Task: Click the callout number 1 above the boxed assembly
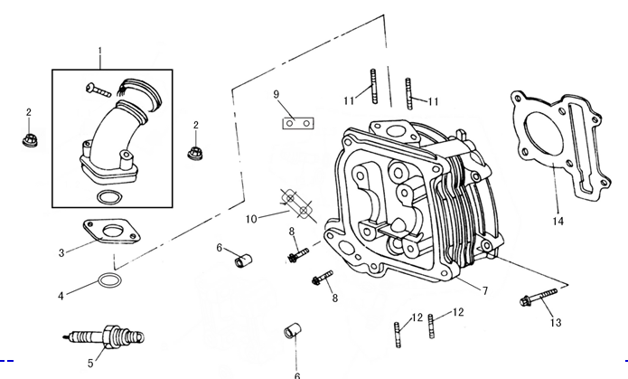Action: pos(99,50)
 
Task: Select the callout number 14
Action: pos(558,220)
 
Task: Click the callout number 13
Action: pos(555,322)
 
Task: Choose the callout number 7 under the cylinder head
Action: pos(484,290)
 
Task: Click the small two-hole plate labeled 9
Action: pos(296,119)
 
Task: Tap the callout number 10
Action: pos(252,218)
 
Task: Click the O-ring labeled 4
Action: pos(108,282)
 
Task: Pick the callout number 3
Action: pos(61,252)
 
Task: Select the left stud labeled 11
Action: pos(370,87)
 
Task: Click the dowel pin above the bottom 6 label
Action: pos(292,329)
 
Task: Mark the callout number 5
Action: pos(89,364)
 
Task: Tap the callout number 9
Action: pos(277,94)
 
